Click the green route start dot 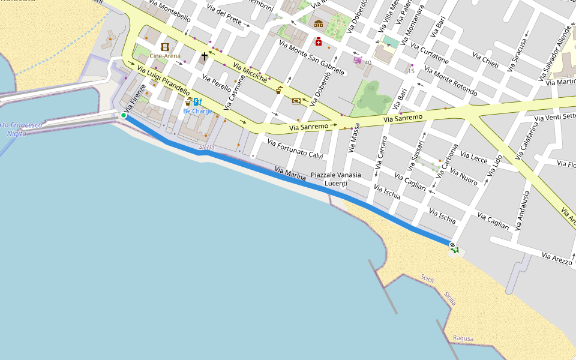[124, 115]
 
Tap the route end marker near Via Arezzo [452, 245]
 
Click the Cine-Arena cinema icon [165, 47]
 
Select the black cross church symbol [205, 56]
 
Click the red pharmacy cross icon [319, 41]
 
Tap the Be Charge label [197, 111]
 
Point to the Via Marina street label [290, 173]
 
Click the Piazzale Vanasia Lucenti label [336, 178]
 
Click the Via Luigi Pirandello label [163, 81]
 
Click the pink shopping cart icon [358, 60]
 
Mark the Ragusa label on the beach [463, 338]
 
